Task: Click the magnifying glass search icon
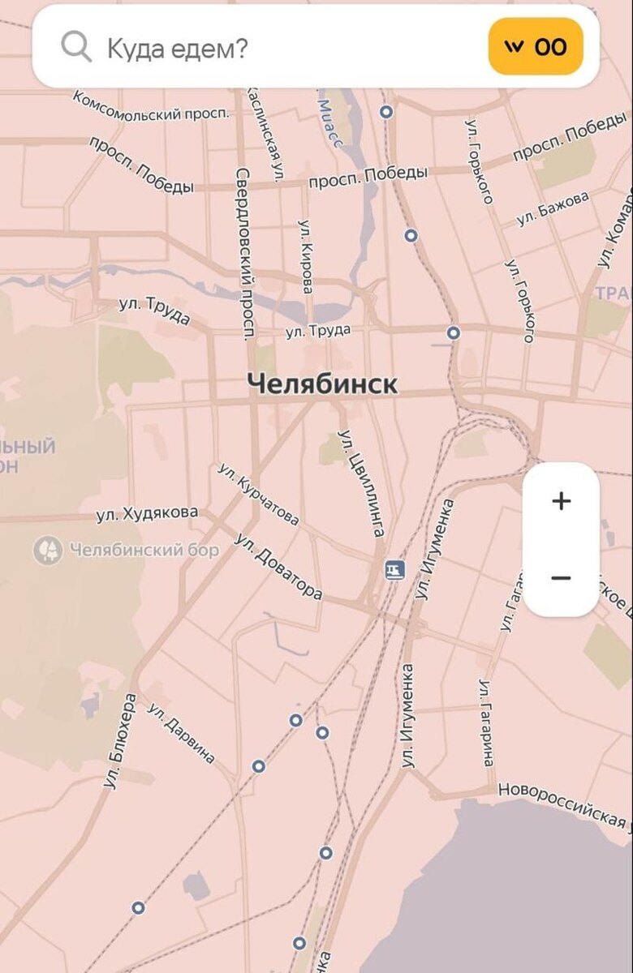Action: click(x=75, y=48)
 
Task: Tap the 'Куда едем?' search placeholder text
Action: click(x=177, y=48)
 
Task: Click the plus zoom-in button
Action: click(x=561, y=501)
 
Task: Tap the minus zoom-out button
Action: click(x=561, y=578)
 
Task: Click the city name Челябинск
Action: click(x=322, y=384)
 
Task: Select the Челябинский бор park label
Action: click(x=144, y=551)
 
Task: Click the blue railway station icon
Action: click(x=394, y=570)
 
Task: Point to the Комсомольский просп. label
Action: click(x=151, y=105)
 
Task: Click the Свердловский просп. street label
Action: click(x=246, y=253)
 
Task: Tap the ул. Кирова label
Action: click(x=306, y=256)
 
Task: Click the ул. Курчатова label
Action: click(x=258, y=495)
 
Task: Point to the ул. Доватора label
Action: click(x=278, y=566)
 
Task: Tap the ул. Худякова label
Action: click(x=147, y=513)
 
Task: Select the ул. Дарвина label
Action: click(x=181, y=734)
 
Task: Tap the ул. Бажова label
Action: click(x=553, y=208)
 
